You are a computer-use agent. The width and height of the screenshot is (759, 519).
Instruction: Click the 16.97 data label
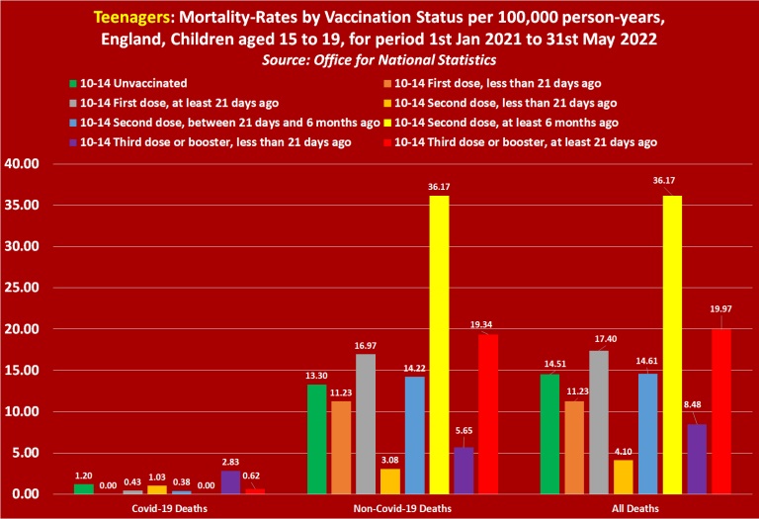click(x=365, y=343)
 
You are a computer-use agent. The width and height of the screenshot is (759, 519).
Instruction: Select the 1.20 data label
click(x=85, y=475)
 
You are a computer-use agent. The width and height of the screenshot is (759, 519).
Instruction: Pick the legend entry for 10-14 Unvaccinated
click(x=135, y=82)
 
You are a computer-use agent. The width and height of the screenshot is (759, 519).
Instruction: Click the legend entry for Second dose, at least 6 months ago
click(x=506, y=123)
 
